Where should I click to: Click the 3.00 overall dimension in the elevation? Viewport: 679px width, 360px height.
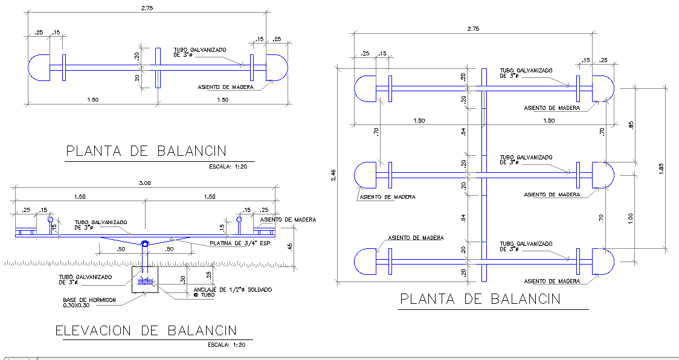click(145, 183)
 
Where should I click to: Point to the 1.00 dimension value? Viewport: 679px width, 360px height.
click(629, 217)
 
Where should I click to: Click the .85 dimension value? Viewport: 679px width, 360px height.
click(630, 126)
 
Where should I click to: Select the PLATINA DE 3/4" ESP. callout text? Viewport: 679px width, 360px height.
click(239, 243)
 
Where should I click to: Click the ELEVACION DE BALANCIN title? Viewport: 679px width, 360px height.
click(145, 330)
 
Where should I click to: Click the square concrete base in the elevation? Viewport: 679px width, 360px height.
click(145, 280)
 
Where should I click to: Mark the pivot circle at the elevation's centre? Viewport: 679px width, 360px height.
click(145, 244)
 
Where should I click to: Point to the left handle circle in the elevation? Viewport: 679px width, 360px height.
click(50, 220)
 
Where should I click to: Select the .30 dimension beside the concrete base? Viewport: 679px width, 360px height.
click(183, 279)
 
